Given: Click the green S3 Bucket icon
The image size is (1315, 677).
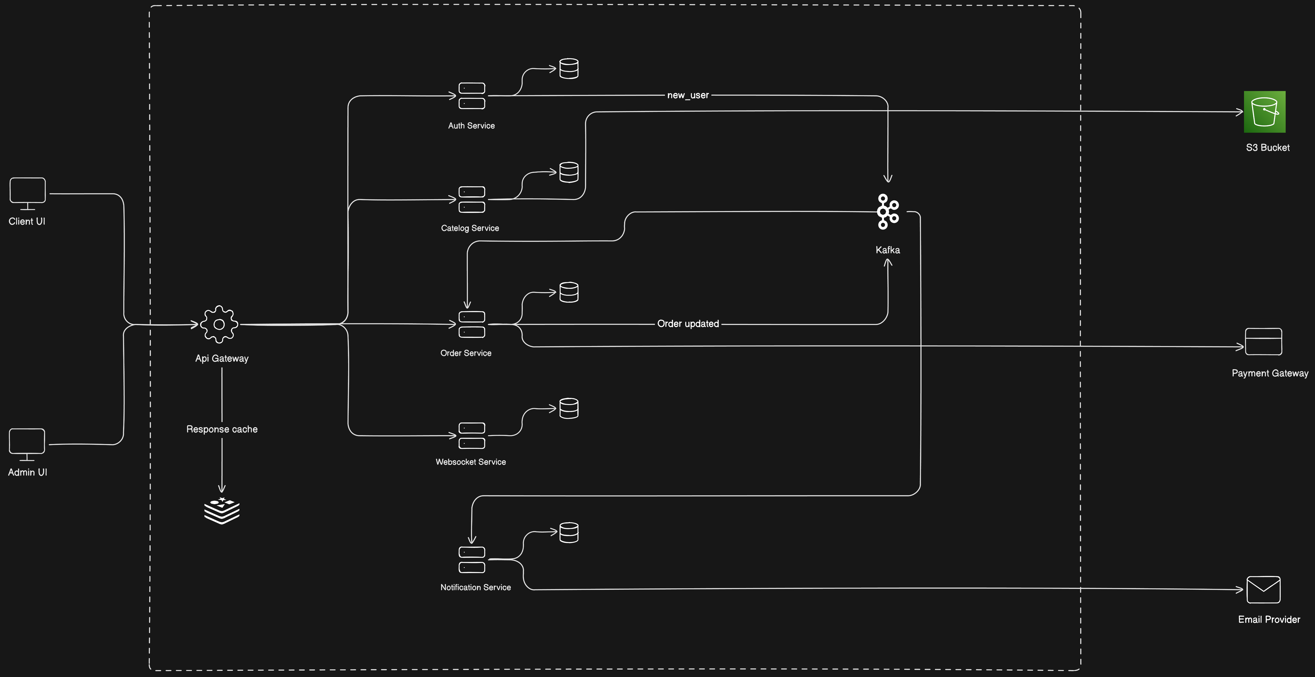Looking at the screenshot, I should pyautogui.click(x=1265, y=112).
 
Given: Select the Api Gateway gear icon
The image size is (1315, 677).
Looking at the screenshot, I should pyautogui.click(x=219, y=324).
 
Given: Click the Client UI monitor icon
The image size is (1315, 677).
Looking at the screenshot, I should pyautogui.click(x=28, y=193).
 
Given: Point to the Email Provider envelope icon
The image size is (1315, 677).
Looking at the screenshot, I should pyautogui.click(x=1264, y=590).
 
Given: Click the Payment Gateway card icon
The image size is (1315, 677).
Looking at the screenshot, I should pyautogui.click(x=1264, y=342).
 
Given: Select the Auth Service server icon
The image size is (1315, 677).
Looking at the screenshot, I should pyautogui.click(x=472, y=96).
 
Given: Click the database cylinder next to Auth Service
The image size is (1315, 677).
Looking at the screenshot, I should pyautogui.click(x=569, y=68).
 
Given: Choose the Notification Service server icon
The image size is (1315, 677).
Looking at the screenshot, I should pyautogui.click(x=472, y=560).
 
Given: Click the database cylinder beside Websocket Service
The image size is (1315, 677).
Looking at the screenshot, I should pyautogui.click(x=569, y=408).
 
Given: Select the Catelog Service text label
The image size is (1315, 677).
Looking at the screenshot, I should pyautogui.click(x=470, y=228).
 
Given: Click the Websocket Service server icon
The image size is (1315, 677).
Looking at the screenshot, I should pyautogui.click(x=472, y=436).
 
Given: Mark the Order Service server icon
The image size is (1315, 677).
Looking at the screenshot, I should pyautogui.click(x=472, y=324).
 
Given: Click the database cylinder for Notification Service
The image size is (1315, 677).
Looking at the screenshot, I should pyautogui.click(x=569, y=533).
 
